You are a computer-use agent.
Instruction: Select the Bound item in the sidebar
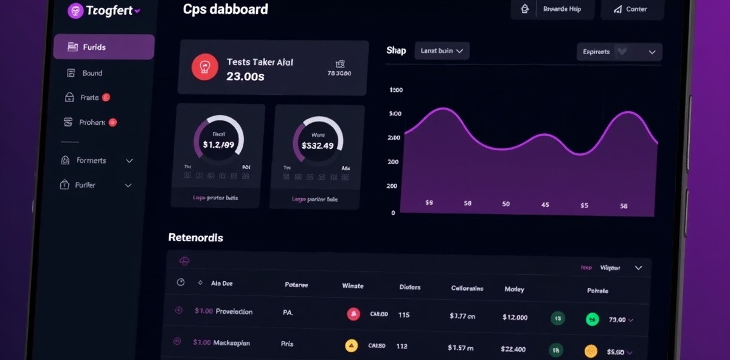(x=92, y=73)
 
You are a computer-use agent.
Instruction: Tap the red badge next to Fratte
(x=106, y=97)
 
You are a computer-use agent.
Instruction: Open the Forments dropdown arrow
(x=129, y=161)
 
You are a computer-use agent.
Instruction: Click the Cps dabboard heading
(x=225, y=9)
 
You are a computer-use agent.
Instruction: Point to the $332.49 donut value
(x=318, y=145)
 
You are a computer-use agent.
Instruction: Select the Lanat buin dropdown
(x=442, y=51)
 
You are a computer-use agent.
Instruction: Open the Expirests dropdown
(x=619, y=52)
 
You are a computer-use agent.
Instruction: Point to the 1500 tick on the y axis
(x=395, y=90)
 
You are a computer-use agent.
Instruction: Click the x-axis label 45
(x=545, y=205)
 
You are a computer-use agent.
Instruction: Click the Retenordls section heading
(x=195, y=238)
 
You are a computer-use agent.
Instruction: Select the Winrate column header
(x=353, y=286)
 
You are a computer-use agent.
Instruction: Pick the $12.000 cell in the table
(x=515, y=317)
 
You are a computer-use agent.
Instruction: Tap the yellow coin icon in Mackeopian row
(x=352, y=346)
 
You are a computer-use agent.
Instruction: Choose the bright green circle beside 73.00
(x=592, y=319)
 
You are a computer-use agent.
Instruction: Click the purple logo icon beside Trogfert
(x=75, y=10)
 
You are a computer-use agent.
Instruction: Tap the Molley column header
(x=514, y=289)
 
